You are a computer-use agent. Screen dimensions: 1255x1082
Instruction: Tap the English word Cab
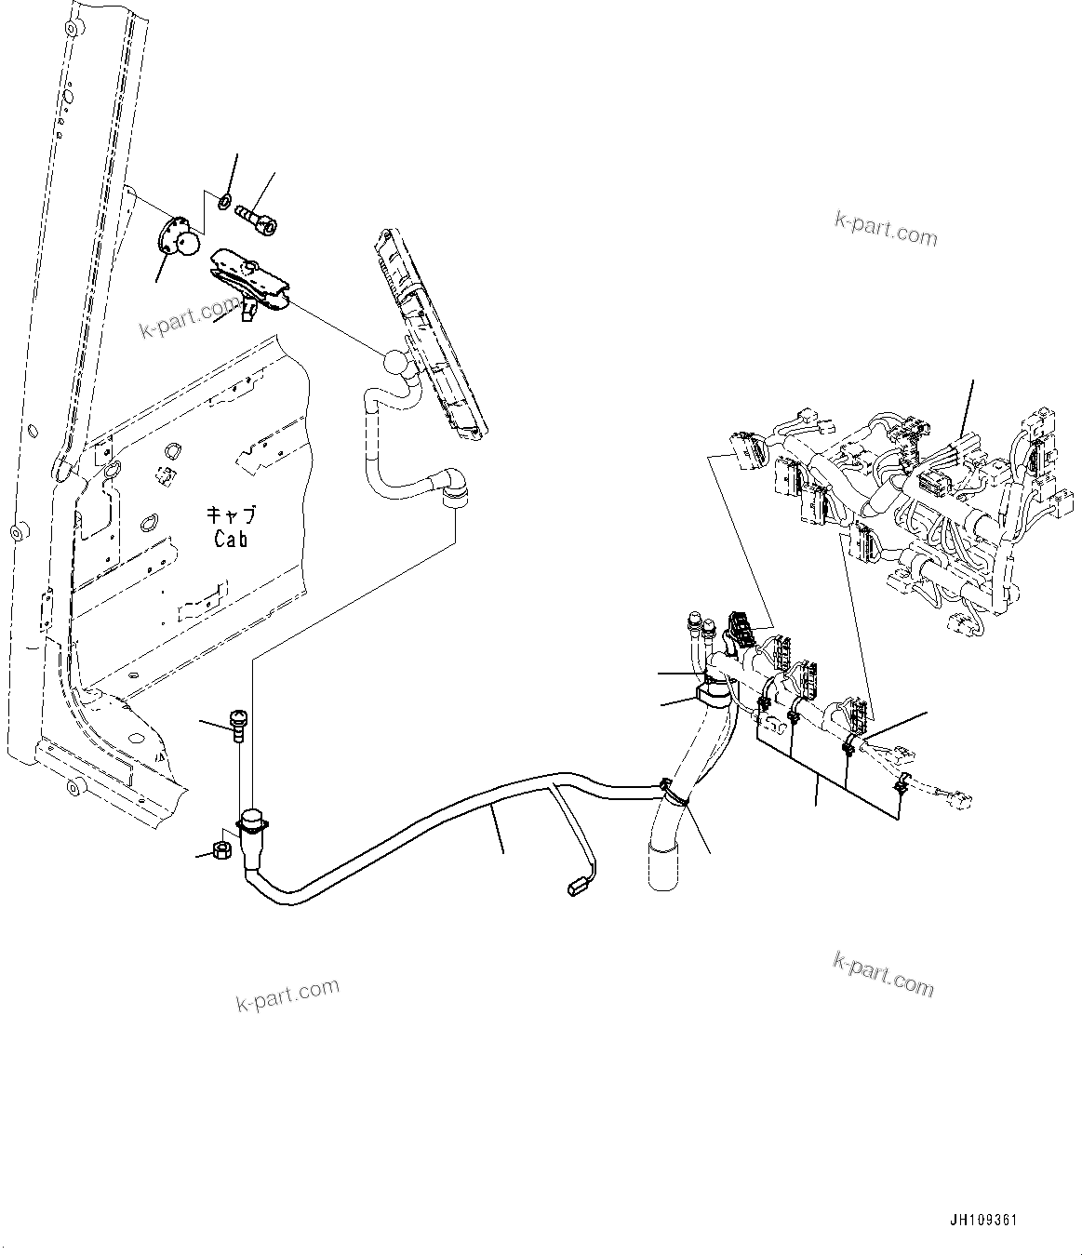click(x=231, y=539)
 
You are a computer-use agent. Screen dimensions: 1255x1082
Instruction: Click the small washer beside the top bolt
click(x=225, y=200)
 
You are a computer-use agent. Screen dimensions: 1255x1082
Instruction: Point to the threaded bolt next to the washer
click(x=252, y=213)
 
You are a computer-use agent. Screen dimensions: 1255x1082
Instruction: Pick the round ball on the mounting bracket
click(x=189, y=243)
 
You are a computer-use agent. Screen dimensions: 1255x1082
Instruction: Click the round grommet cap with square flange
click(x=252, y=822)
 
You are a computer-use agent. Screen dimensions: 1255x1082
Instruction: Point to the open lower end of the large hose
click(x=662, y=865)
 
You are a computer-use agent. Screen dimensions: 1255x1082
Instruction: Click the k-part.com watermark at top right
click(x=885, y=228)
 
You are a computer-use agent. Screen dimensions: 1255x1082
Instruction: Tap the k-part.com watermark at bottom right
click(x=883, y=974)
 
